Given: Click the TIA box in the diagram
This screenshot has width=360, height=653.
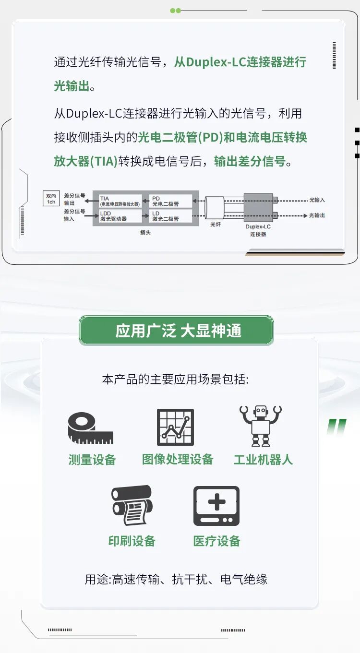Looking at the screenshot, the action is pyautogui.click(x=120, y=201).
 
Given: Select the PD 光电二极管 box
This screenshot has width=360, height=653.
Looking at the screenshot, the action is pyautogui.click(x=171, y=201).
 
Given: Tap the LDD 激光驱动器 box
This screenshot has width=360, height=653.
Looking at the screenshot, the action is pyautogui.click(x=120, y=216).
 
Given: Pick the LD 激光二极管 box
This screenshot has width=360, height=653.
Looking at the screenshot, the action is pyautogui.click(x=171, y=216).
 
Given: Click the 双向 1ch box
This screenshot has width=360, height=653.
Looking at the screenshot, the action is pyautogui.click(x=51, y=199).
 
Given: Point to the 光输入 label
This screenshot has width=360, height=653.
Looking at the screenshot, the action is pyautogui.click(x=317, y=200).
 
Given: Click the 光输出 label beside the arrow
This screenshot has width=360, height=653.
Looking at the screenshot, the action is pyautogui.click(x=317, y=215).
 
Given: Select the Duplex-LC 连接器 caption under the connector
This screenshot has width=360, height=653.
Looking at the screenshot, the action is pyautogui.click(x=258, y=230).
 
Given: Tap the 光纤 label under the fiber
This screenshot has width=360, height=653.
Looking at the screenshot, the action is pyautogui.click(x=216, y=224).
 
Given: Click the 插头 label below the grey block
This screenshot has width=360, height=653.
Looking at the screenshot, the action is pyautogui.click(x=145, y=232).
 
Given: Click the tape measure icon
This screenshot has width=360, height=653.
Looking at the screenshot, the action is pyautogui.click(x=90, y=428).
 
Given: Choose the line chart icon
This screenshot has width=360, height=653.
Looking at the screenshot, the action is pyautogui.click(x=175, y=427).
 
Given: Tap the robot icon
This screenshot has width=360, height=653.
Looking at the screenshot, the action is pyautogui.click(x=261, y=426).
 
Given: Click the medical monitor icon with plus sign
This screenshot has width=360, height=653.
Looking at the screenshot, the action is pyautogui.click(x=216, y=506).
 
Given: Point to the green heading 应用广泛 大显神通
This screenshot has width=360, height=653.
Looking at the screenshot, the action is pyautogui.click(x=178, y=331).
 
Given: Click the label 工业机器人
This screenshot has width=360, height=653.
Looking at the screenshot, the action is pyautogui.click(x=264, y=460).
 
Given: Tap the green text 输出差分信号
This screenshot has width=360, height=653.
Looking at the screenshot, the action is pyautogui.click(x=250, y=161).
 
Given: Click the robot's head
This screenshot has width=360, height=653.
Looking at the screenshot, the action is pyautogui.click(x=261, y=412).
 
